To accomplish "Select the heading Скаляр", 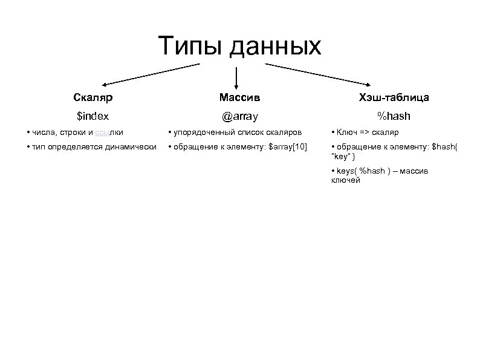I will click(92, 97).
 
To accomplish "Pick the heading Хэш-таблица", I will click(394, 97).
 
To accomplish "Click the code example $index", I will click(92, 115).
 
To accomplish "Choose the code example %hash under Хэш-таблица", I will click(394, 115).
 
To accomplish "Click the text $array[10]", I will click(288, 147).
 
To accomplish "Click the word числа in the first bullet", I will click(45, 133).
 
